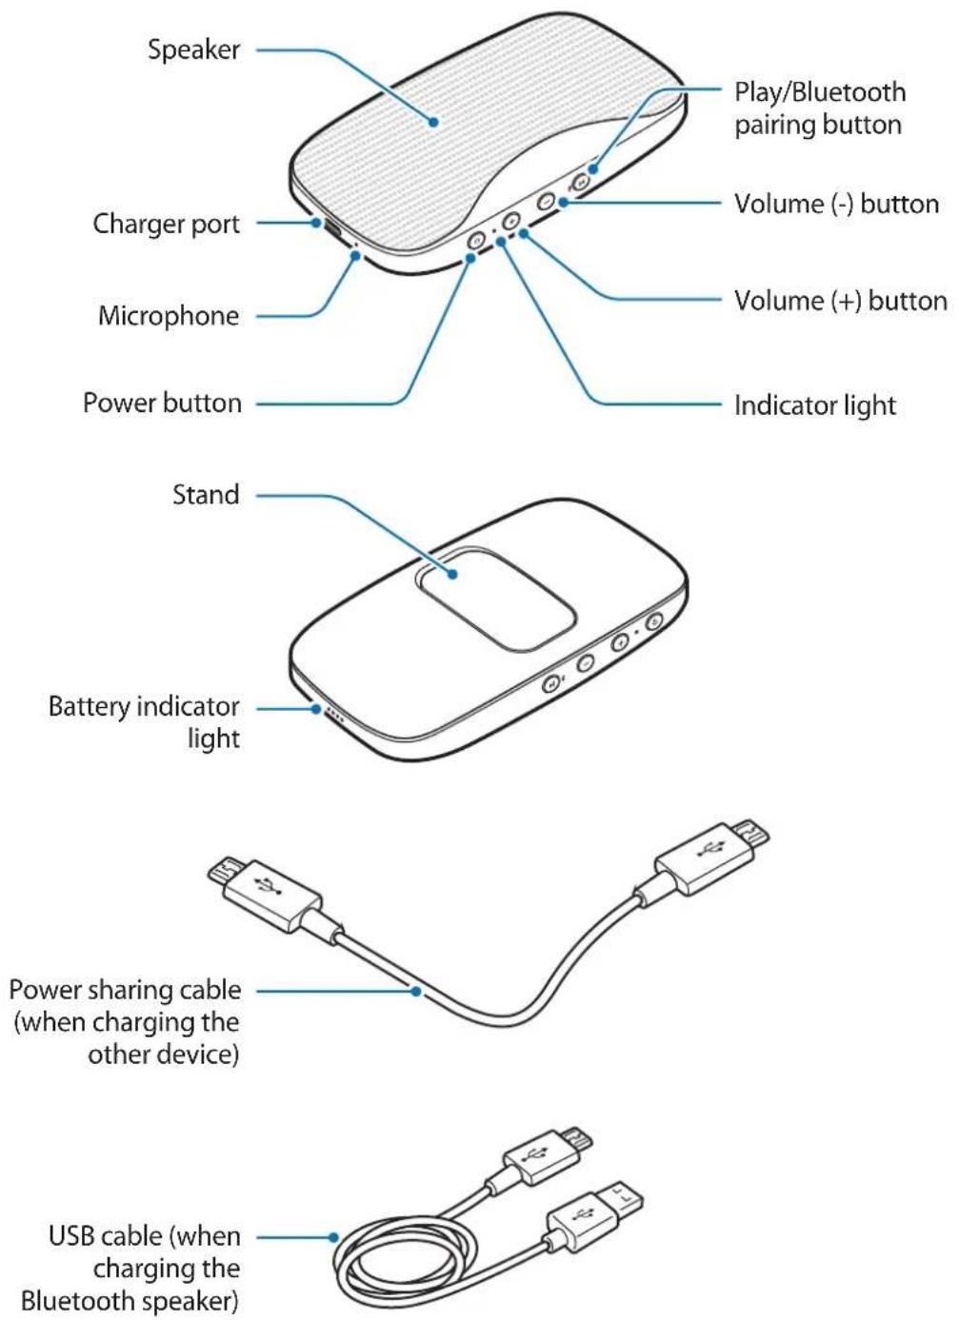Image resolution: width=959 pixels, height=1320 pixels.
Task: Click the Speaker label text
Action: tap(193, 49)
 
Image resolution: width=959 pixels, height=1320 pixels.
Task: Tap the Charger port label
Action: tap(166, 224)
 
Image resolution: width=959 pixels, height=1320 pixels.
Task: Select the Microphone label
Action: tap(169, 316)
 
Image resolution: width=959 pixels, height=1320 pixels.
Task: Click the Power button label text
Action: tap(162, 404)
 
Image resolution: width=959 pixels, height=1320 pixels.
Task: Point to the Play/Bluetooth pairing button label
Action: tap(819, 108)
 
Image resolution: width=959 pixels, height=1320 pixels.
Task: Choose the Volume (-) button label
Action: tap(835, 204)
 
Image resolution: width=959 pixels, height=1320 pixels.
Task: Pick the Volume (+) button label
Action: tap(839, 301)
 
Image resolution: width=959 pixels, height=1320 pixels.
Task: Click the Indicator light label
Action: tap(814, 405)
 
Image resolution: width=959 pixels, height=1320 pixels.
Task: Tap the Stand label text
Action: tap(205, 495)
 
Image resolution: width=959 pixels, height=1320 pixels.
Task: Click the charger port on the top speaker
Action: tap(332, 229)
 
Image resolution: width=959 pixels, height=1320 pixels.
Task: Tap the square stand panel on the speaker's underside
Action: tap(494, 600)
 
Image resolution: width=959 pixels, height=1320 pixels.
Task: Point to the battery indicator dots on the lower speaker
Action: tap(333, 713)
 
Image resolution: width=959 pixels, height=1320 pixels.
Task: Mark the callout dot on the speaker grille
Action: tap(433, 121)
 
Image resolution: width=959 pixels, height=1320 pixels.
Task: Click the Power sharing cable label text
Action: tap(125, 1022)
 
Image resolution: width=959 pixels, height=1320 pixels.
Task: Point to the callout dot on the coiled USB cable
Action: tap(333, 1237)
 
